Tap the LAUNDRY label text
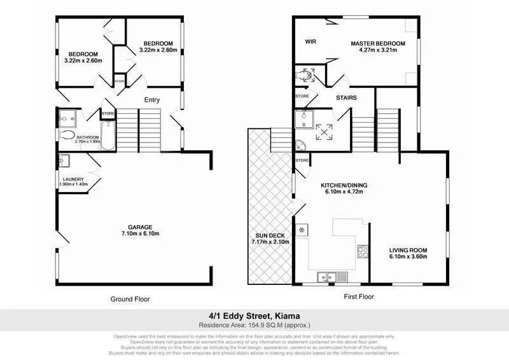point(71,179)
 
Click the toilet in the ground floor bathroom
point(67,135)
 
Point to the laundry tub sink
point(65,160)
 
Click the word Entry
point(151,100)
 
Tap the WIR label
point(310,42)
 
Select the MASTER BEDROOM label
point(377,43)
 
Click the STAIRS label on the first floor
point(346,98)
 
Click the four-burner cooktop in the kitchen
point(363,252)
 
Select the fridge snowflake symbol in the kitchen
point(300,229)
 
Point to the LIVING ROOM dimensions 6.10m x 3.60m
point(408,257)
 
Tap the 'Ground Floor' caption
point(130,298)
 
